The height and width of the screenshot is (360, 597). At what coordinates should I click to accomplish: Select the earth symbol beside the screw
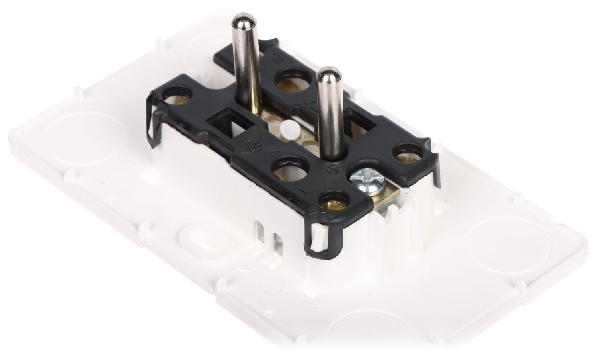click(335, 169)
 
